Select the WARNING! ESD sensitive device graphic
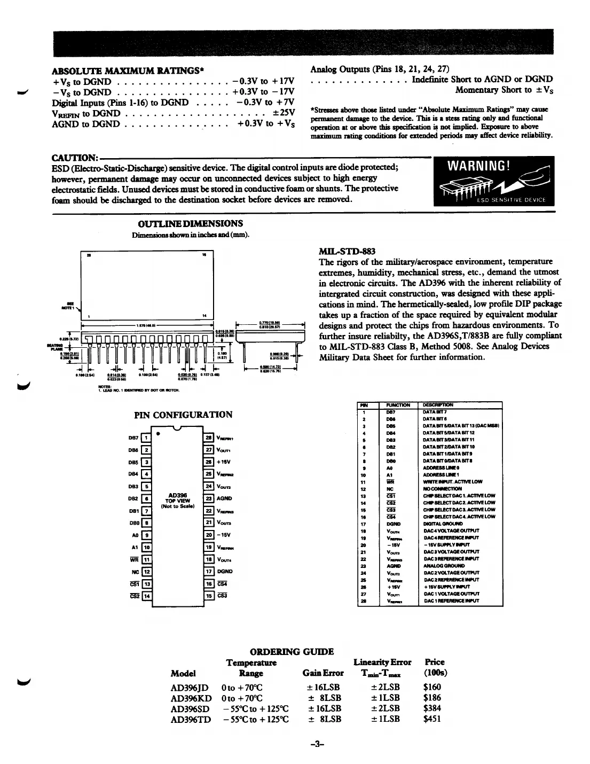point(494,181)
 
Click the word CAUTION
point(74,158)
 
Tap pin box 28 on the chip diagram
point(209,438)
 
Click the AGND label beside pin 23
point(225,498)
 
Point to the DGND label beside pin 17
point(225,572)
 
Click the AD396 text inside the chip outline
point(177,495)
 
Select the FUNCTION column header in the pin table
point(399,405)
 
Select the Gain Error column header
point(323,673)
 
